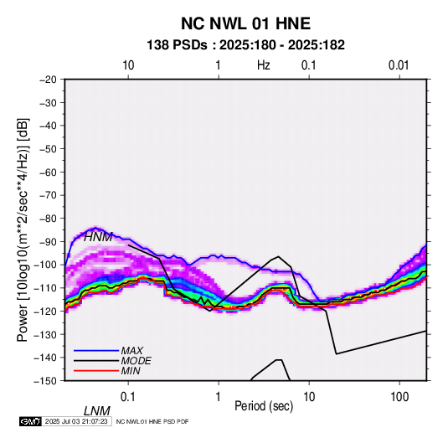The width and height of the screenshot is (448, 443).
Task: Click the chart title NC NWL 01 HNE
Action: pos(245,23)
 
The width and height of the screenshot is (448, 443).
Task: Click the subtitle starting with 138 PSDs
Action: pos(245,45)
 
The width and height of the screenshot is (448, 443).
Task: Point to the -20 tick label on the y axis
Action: pos(48,80)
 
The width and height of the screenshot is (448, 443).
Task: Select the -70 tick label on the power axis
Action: pos(48,195)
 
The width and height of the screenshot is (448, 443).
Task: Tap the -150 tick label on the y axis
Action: pos(46,381)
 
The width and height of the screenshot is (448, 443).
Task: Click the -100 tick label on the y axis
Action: pos(46,265)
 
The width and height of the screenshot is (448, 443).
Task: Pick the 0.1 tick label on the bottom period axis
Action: pos(128,397)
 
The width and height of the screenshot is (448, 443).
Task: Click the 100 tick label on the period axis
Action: pos(399,397)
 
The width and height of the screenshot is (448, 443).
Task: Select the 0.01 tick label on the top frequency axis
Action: pos(399,65)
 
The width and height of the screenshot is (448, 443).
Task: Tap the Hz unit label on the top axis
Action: pos(264,65)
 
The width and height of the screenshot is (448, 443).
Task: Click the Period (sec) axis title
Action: pos(264,406)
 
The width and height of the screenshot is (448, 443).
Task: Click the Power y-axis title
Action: pos(23,229)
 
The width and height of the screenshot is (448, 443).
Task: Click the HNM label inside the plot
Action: pos(98,237)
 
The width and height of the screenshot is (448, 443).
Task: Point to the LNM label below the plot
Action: pos(97,411)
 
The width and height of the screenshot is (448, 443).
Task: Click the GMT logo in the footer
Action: pos(31,421)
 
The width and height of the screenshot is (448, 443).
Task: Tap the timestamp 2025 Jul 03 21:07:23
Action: pos(76,421)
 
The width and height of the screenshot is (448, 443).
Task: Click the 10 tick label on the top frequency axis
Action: pos(128,65)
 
